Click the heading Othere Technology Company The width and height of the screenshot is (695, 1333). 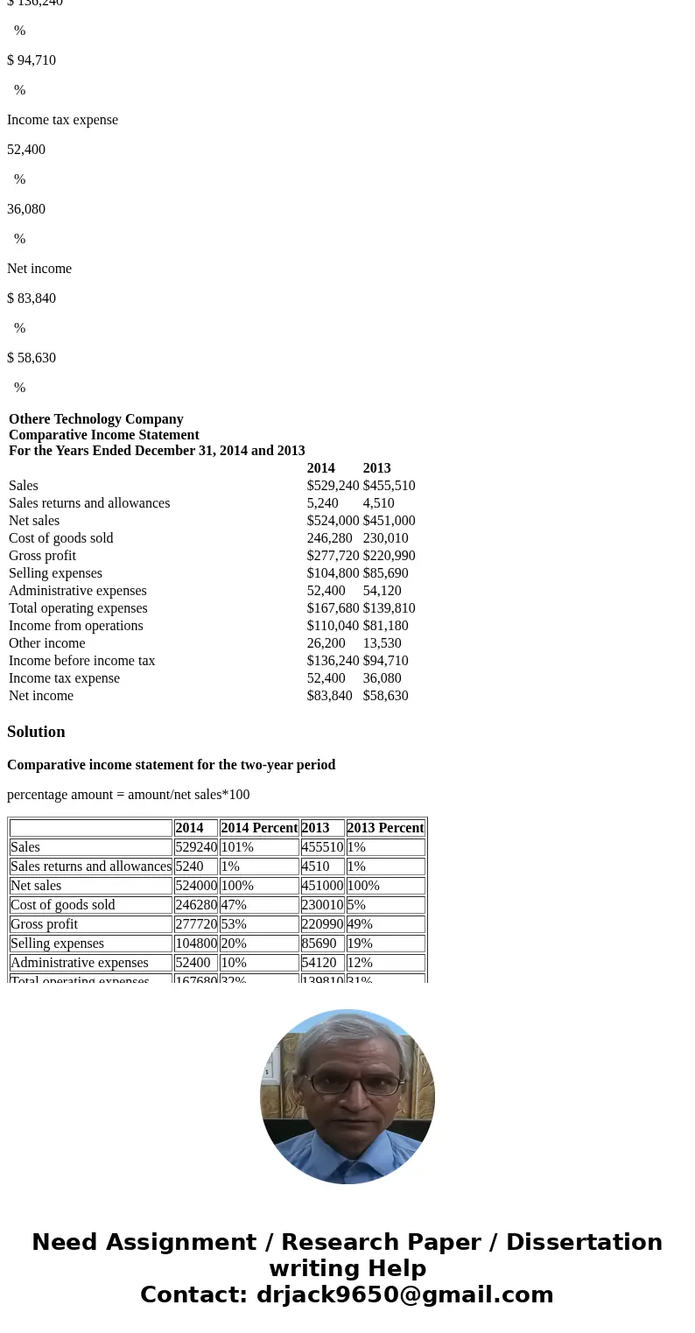[x=96, y=419]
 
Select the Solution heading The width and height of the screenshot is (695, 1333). [x=36, y=732]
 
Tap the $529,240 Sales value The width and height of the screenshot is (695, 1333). [x=333, y=486]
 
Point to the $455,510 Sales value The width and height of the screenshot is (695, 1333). [x=389, y=486]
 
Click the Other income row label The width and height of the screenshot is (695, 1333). [x=47, y=643]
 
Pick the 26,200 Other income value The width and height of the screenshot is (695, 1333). [x=326, y=643]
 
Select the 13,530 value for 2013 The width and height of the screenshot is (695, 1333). [x=382, y=643]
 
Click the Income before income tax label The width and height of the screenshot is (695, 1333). [x=82, y=661]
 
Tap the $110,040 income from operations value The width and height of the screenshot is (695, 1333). [x=333, y=626]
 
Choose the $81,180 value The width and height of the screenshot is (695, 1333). [x=385, y=626]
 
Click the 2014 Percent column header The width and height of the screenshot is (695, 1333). [x=259, y=828]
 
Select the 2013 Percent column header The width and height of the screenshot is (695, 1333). [x=385, y=828]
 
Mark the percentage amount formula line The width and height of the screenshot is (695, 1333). [x=129, y=795]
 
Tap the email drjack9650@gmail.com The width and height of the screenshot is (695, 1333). [x=404, y=1295]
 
